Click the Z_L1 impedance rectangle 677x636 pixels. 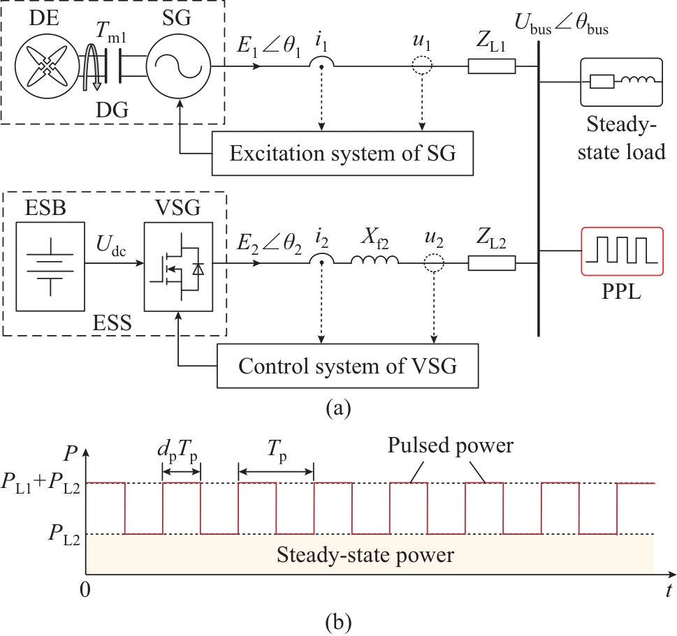pyautogui.click(x=492, y=66)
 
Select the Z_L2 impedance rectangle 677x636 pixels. pyautogui.click(x=492, y=263)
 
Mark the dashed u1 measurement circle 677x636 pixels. pyautogui.click(x=421, y=66)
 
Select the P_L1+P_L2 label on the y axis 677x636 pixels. pyautogui.click(x=41, y=485)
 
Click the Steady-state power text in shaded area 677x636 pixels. pyautogui.click(x=365, y=556)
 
